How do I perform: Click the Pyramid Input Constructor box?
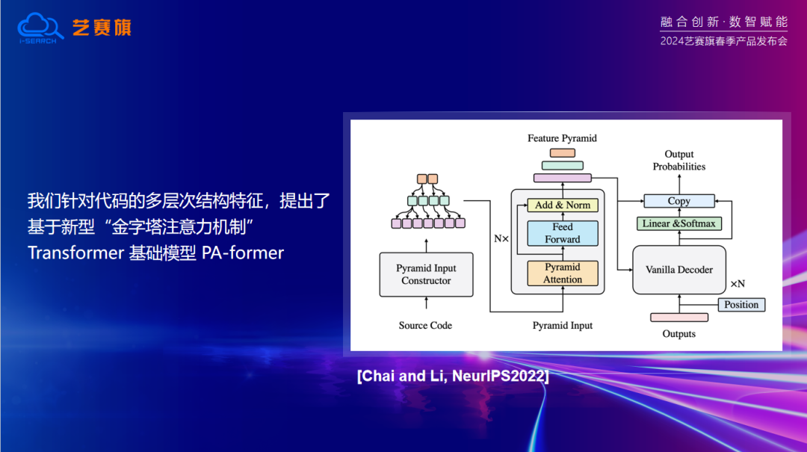[x=426, y=274]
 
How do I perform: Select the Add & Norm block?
[x=563, y=205]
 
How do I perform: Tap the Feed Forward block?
[x=563, y=233]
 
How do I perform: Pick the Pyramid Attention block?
[x=563, y=273]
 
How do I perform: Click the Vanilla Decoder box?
[x=679, y=270]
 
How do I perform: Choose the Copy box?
[x=679, y=201]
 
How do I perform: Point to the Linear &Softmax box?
[x=679, y=223]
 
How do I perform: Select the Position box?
[x=741, y=305]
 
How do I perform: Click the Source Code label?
[x=425, y=326]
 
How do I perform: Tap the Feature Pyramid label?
[x=562, y=138]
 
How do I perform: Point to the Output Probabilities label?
[x=679, y=161]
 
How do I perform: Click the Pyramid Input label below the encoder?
[x=563, y=326]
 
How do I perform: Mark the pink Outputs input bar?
[x=679, y=318]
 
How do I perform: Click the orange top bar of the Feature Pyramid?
[x=563, y=153]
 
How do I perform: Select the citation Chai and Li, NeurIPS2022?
[x=454, y=376]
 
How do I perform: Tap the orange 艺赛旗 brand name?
[x=102, y=28]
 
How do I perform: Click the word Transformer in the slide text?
[x=75, y=253]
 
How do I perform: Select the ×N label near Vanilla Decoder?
[x=738, y=284]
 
